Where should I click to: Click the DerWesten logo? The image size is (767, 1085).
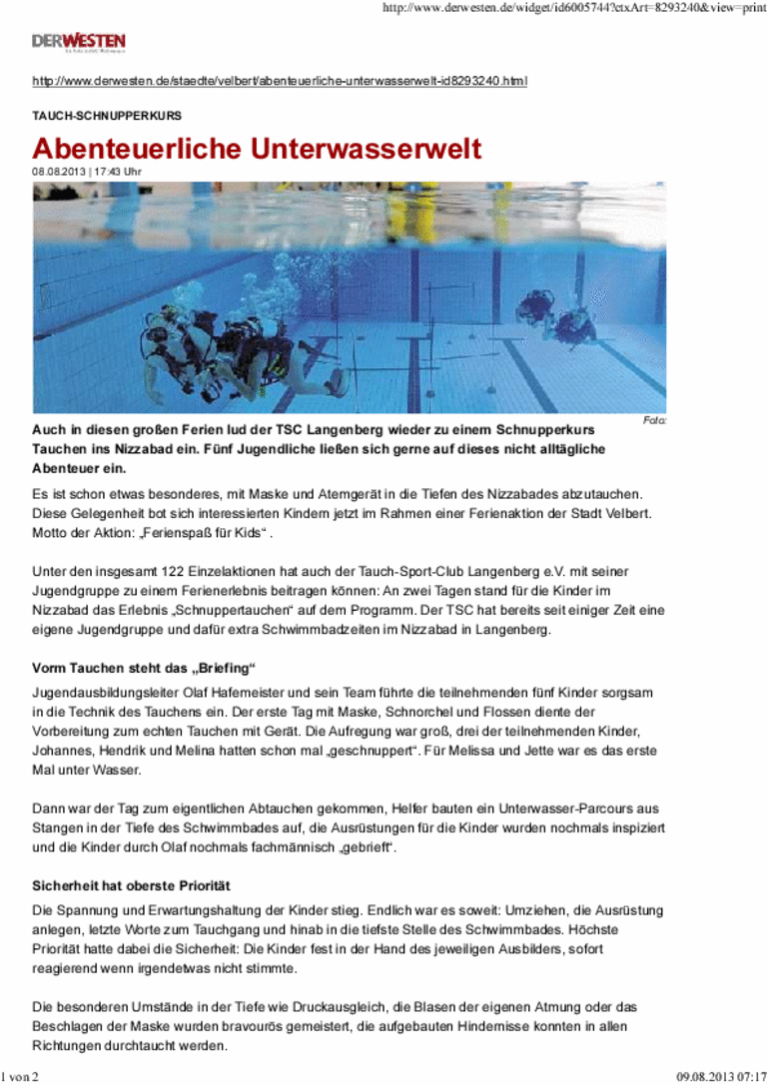tap(78, 42)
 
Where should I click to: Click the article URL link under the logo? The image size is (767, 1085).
tap(280, 80)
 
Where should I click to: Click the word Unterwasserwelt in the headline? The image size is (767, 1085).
tap(366, 149)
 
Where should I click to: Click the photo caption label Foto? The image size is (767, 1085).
tap(655, 422)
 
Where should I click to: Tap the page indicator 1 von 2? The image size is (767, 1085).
tap(20, 1077)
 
